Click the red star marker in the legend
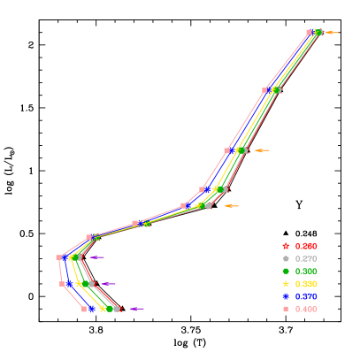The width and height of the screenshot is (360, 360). (286, 245)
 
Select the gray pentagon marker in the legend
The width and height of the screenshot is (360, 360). (286, 257)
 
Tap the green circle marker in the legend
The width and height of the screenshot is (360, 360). (286, 271)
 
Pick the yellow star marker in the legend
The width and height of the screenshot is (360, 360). (286, 283)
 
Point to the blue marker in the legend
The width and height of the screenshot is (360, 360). (286, 296)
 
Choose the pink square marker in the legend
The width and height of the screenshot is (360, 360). (286, 309)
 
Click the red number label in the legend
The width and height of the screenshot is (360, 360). (306, 245)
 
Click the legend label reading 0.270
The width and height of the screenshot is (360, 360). (306, 257)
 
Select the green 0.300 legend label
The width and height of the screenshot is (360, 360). (306, 271)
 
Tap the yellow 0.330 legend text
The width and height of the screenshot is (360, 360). (306, 283)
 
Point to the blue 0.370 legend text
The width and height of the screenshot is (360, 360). (306, 296)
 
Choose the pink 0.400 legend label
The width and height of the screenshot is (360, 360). (306, 309)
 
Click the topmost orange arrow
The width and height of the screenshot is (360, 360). (332, 33)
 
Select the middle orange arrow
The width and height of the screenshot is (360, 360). (261, 150)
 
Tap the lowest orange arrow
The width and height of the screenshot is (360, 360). (231, 206)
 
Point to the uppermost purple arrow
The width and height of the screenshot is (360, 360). (96, 257)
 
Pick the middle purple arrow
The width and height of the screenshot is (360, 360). (108, 284)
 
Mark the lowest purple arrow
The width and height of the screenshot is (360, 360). (136, 309)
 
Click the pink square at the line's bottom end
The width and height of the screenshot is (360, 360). (84, 309)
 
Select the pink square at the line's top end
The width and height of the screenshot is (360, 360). (309, 32)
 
